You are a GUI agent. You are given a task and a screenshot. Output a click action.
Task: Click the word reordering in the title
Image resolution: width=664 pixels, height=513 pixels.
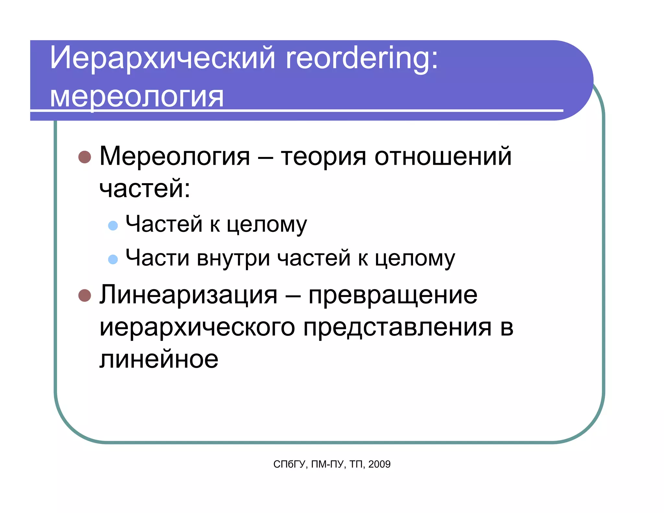pos(362,58)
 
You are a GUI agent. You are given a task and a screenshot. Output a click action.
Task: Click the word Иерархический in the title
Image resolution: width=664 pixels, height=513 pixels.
pos(162,58)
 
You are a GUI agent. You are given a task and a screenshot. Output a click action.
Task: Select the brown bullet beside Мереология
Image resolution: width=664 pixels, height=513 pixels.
pos(85,157)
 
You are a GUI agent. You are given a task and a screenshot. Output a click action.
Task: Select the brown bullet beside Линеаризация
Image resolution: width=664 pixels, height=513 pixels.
pos(85,295)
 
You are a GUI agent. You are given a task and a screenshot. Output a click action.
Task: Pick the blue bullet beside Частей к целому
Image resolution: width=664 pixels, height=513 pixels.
pos(113,225)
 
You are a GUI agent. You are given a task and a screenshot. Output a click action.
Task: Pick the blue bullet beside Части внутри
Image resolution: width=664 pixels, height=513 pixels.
pos(113,259)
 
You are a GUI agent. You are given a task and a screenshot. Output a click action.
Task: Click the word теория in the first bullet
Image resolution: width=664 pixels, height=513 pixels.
pos(323,157)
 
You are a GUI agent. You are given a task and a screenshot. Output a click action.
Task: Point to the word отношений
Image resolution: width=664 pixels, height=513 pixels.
pos(443,156)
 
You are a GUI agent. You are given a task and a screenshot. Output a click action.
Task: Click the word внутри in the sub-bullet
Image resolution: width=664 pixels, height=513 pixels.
pos(233,258)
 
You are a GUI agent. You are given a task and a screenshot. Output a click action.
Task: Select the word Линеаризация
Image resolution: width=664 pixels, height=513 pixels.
pos(188,295)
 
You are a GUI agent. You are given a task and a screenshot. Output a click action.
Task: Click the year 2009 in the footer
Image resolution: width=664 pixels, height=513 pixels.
pos(379,464)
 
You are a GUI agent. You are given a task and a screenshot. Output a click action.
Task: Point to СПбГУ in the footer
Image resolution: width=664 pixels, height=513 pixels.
pos(290,464)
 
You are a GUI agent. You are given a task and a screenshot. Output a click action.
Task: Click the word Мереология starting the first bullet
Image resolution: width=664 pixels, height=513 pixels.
pos(175,157)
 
